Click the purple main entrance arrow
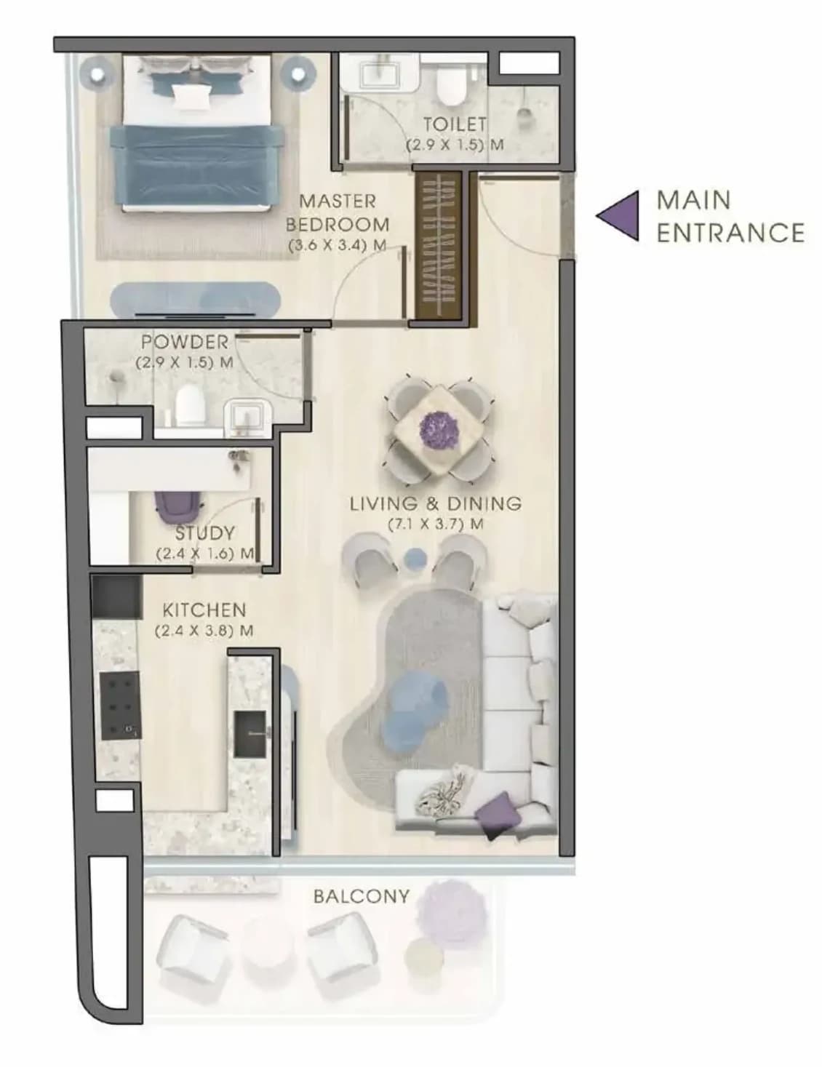(x=622, y=215)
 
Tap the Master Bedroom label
(x=338, y=212)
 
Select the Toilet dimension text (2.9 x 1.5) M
(x=455, y=145)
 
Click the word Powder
(x=185, y=342)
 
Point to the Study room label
(x=205, y=533)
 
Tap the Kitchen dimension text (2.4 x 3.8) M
(x=204, y=630)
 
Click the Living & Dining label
(x=436, y=503)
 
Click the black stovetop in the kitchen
(x=120, y=706)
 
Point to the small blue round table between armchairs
(x=415, y=556)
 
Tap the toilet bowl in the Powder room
(x=190, y=406)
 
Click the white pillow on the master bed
(x=190, y=95)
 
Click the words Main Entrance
(x=730, y=216)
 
